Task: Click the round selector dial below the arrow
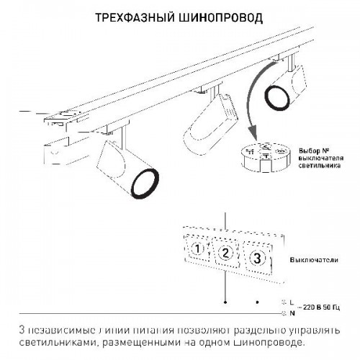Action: coord(264,158)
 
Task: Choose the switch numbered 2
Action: coord(225,252)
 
